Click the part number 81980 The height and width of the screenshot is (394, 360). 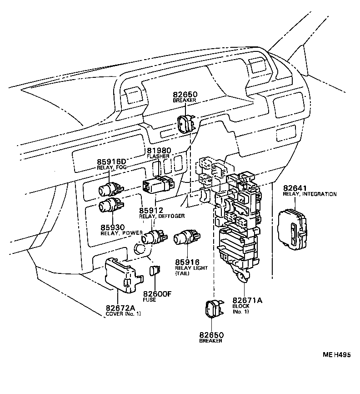(158, 151)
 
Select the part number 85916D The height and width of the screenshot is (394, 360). (111, 162)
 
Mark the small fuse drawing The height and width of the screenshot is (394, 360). (154, 271)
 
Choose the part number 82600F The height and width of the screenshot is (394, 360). (157, 294)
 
